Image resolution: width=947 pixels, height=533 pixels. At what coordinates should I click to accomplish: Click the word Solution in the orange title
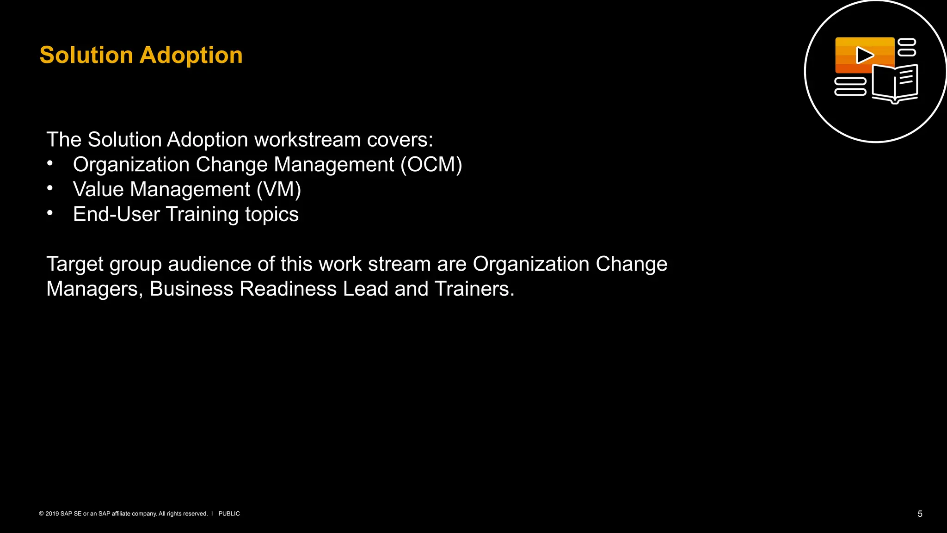pos(86,55)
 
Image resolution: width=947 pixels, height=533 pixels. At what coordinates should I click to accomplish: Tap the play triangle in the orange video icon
pos(864,55)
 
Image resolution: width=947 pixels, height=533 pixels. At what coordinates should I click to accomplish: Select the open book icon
pos(895,84)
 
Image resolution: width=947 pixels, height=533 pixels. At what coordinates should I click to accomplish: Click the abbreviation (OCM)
pos(431,165)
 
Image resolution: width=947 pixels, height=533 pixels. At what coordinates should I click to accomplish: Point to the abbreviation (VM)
pos(279,190)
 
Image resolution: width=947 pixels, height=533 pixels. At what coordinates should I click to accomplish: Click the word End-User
pos(117,214)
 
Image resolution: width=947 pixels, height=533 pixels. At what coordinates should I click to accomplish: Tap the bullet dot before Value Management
pos(50,188)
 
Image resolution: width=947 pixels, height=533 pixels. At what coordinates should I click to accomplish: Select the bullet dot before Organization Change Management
pos(50,163)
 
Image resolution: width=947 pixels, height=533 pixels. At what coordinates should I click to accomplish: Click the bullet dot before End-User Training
pos(50,213)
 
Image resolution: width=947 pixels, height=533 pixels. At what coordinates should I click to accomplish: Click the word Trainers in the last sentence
pos(474,289)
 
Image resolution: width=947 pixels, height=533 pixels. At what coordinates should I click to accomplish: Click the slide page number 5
pos(920,514)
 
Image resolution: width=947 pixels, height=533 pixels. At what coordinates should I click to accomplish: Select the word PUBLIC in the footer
pos(229,514)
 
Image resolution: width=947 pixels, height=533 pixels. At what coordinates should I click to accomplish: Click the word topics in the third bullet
pos(272,215)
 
